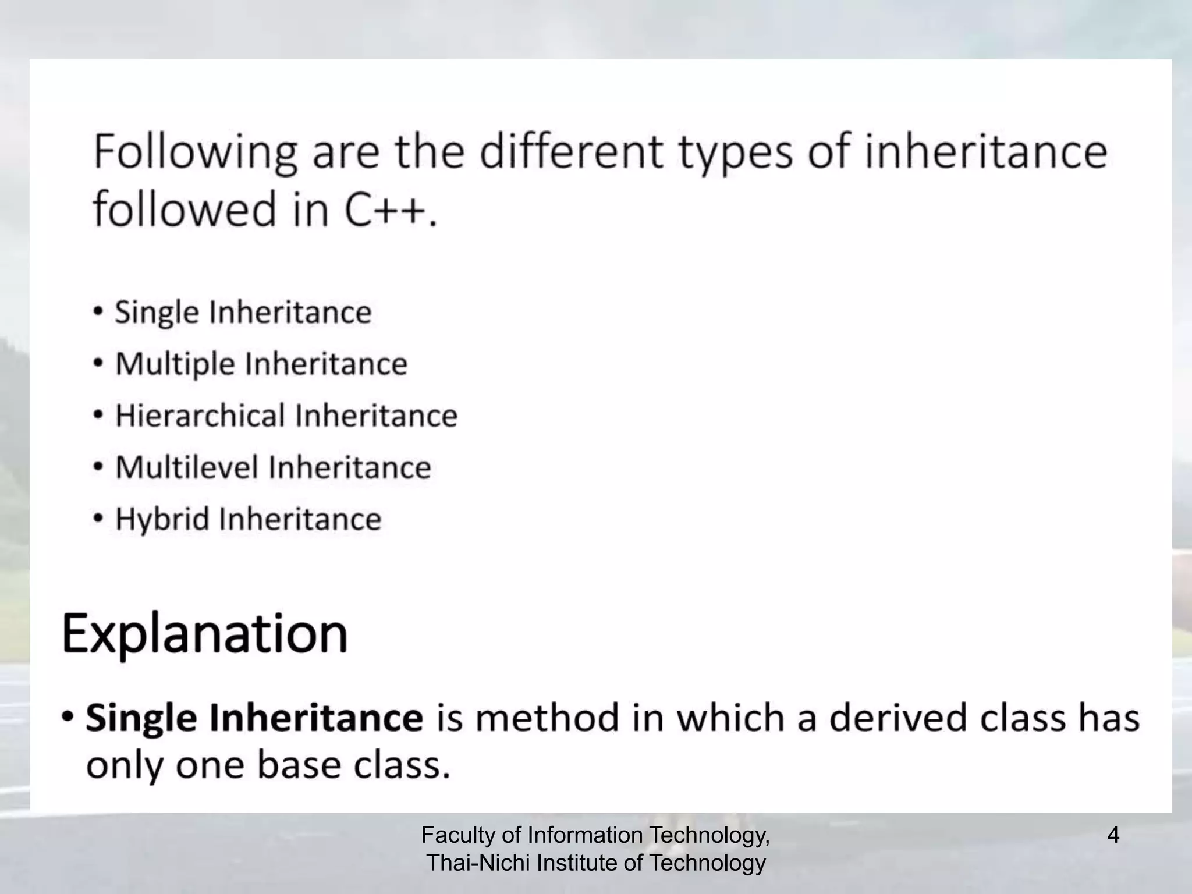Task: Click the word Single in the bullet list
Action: coord(157,313)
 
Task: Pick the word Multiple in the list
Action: coord(175,364)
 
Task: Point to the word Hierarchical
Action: coord(200,416)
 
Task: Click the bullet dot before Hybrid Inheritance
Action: coord(99,517)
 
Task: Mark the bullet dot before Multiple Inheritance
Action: coord(99,363)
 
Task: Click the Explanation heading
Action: coord(205,634)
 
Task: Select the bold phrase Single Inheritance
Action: coord(254,718)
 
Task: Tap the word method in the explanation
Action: coord(547,718)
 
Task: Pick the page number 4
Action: coord(1113,836)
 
